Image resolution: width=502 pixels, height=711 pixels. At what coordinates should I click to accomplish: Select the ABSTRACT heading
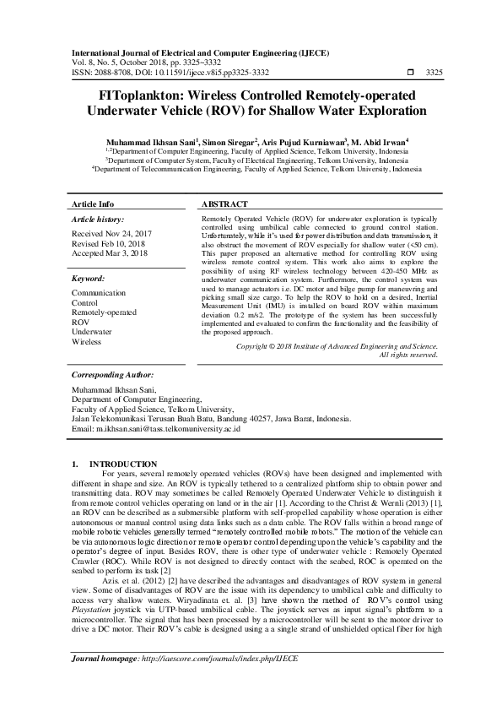(x=224, y=204)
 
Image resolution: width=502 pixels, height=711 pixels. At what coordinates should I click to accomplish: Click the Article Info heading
(x=93, y=204)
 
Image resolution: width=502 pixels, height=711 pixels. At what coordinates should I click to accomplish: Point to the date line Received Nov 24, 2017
(x=112, y=231)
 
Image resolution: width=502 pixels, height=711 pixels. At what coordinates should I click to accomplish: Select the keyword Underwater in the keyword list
(x=91, y=332)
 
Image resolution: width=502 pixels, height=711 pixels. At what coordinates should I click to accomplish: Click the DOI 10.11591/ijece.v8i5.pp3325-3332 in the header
(x=202, y=73)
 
